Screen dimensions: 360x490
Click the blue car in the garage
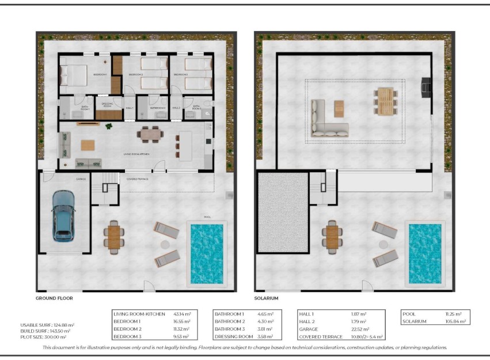coord(63,216)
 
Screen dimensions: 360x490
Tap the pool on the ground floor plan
coord(207,252)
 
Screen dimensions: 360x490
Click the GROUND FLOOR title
coord(54,298)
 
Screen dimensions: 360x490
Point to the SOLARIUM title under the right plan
coord(266,298)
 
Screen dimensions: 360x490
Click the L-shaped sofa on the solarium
coord(329,120)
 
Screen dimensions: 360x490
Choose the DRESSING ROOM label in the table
coord(234,336)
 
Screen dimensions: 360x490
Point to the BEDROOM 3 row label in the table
coord(128,336)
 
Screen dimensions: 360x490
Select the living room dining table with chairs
coord(150,135)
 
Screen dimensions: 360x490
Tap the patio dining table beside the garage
coord(114,237)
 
